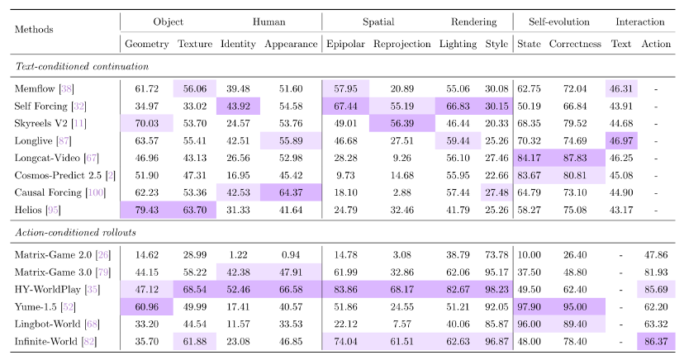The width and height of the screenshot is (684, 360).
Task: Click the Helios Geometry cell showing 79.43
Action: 146,210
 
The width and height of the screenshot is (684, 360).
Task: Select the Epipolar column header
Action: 345,44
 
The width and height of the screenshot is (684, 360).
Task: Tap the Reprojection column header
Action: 401,44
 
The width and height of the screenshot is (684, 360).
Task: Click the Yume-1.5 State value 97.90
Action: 529,307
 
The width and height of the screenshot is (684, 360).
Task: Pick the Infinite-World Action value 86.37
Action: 656,342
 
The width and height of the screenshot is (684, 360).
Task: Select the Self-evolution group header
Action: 558,21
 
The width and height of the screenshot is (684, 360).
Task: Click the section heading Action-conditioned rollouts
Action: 75,232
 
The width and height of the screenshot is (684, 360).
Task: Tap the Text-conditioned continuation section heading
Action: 82,66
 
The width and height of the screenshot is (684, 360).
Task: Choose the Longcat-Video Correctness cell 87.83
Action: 575,159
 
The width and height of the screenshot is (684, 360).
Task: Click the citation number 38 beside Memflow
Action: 66,89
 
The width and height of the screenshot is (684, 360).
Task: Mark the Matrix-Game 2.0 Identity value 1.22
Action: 238,255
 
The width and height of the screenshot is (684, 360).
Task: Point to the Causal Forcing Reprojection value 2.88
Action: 401,192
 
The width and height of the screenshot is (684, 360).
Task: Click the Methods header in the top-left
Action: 34,29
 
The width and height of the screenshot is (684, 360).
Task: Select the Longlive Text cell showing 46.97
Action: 620,140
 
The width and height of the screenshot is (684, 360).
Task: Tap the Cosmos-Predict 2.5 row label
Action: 65,176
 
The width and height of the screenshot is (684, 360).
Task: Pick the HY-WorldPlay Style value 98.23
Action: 496,289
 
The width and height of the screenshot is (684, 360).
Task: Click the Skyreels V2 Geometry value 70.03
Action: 146,123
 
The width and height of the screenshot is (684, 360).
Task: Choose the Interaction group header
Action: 640,21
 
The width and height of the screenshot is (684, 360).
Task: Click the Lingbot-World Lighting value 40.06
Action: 458,324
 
